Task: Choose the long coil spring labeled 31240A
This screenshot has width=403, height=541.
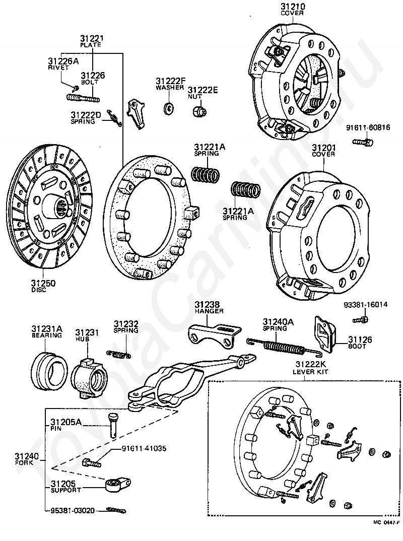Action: pos(285,347)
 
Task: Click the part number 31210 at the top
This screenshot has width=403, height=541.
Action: pos(293,7)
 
